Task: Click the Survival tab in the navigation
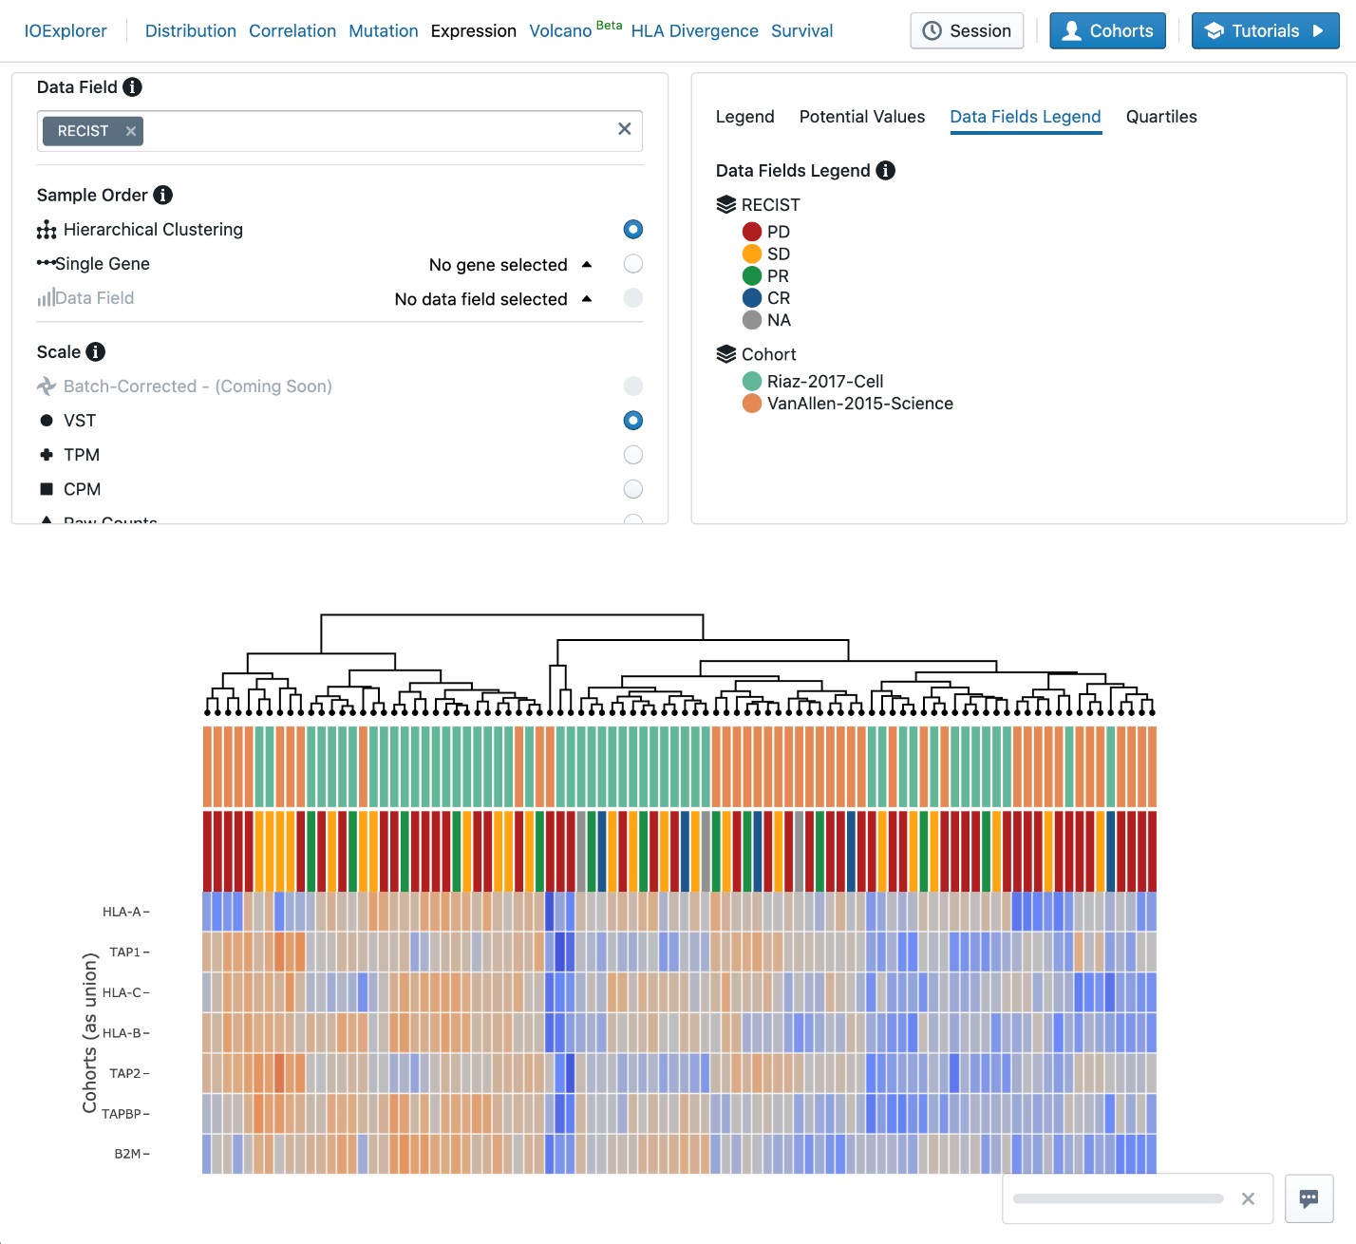pyautogui.click(x=801, y=31)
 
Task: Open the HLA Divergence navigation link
pyautogui.click(x=694, y=31)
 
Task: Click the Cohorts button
pyautogui.click(x=1107, y=31)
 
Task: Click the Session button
pyautogui.click(x=967, y=31)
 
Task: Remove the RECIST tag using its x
pyautogui.click(x=131, y=131)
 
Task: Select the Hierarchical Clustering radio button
pyautogui.click(x=632, y=230)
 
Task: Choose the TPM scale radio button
pyautogui.click(x=632, y=455)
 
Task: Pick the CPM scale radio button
pyautogui.click(x=632, y=489)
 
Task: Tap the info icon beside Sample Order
pyautogui.click(x=163, y=195)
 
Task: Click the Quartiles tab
pyautogui.click(x=1160, y=117)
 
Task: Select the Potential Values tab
pyautogui.click(x=861, y=117)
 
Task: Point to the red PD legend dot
pyautogui.click(x=752, y=232)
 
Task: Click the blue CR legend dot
pyautogui.click(x=752, y=298)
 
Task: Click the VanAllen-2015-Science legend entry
pyautogui.click(x=859, y=404)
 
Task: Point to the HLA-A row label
pyautogui.click(x=122, y=912)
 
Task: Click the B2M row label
pyautogui.click(x=127, y=1154)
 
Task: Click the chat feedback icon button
pyautogui.click(x=1309, y=1198)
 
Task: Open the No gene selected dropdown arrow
pyautogui.click(x=587, y=264)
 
